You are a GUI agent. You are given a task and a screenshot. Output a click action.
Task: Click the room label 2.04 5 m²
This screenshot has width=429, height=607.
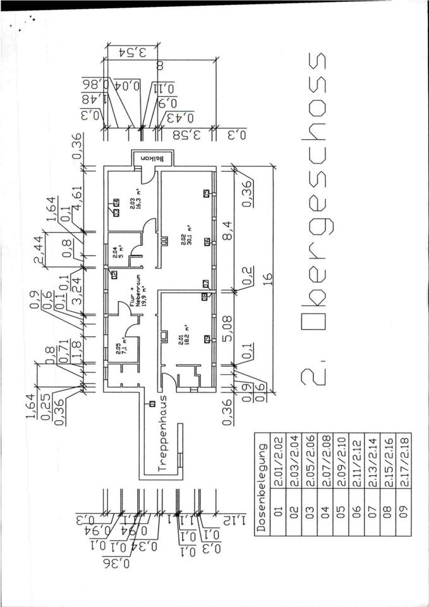(118, 251)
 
